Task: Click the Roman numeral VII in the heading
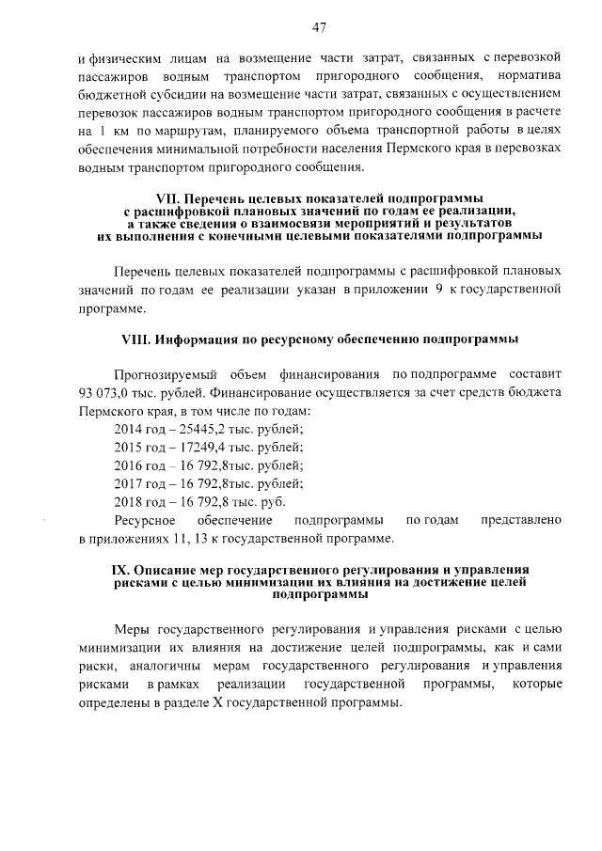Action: click(166, 199)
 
